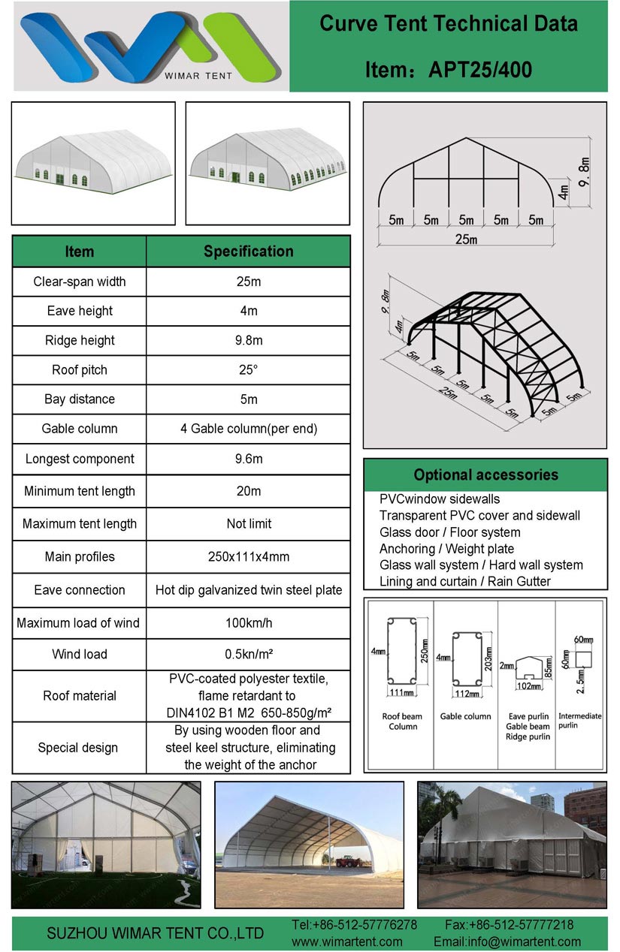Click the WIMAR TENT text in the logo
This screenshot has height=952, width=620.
(x=198, y=76)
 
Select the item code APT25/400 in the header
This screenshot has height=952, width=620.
(x=480, y=70)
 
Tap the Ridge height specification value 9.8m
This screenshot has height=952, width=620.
(x=249, y=340)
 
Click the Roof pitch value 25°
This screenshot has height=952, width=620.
(x=248, y=369)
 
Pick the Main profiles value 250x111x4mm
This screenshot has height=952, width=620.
(x=249, y=557)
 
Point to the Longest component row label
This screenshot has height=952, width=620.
(x=80, y=459)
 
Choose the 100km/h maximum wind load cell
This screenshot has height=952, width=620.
(x=249, y=623)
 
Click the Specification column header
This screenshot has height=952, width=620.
(x=249, y=252)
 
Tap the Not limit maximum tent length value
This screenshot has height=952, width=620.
(x=249, y=523)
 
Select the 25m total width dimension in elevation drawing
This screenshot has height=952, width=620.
(x=467, y=240)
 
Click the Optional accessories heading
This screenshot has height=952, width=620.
(x=486, y=474)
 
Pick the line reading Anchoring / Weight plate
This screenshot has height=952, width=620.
(x=447, y=549)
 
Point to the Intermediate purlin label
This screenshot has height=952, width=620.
(x=579, y=720)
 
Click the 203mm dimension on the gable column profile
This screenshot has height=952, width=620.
(x=488, y=658)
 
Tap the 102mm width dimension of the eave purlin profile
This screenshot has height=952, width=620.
(x=529, y=686)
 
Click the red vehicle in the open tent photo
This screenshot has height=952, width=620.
(x=349, y=862)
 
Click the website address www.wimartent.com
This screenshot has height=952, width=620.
(x=346, y=941)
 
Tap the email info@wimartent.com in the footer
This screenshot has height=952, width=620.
(x=507, y=941)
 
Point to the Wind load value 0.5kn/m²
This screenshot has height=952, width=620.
(x=249, y=654)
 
